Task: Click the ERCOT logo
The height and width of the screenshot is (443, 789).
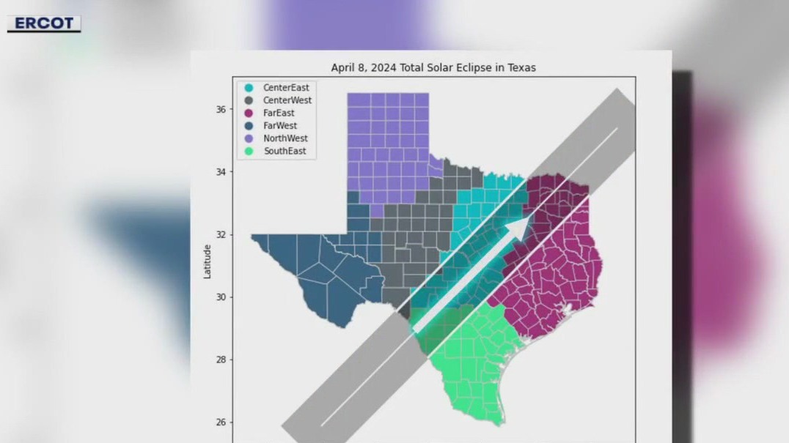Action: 44,23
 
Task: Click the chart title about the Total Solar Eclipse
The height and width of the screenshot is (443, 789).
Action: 433,67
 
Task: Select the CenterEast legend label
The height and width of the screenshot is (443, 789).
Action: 286,87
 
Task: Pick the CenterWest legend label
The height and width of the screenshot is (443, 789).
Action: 287,100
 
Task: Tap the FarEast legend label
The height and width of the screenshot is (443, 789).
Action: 279,113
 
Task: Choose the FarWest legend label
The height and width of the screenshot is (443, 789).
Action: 279,126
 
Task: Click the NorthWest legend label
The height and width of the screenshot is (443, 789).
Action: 285,138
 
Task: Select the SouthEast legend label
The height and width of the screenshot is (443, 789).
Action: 285,152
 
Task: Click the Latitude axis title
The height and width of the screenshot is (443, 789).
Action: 208,261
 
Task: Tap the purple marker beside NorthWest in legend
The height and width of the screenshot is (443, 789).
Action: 249,138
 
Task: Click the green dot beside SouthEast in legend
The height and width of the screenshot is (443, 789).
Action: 249,152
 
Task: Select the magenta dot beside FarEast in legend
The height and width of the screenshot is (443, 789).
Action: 249,113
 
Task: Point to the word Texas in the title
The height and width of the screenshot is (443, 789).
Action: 521,67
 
